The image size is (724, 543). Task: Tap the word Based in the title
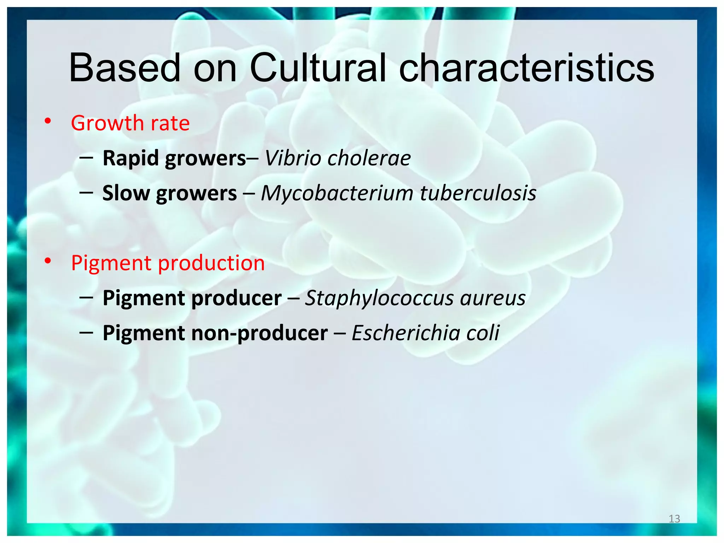click(124, 68)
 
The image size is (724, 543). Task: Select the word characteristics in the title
click(526, 68)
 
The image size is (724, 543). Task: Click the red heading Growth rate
click(130, 123)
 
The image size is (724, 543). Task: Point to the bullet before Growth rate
click(48, 122)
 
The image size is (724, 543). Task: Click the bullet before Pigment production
click(48, 262)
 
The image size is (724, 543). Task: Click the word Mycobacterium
click(337, 193)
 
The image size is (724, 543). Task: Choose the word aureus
click(493, 298)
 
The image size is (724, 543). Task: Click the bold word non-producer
click(259, 333)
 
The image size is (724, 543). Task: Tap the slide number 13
click(674, 519)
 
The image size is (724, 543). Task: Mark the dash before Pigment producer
click(86, 298)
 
